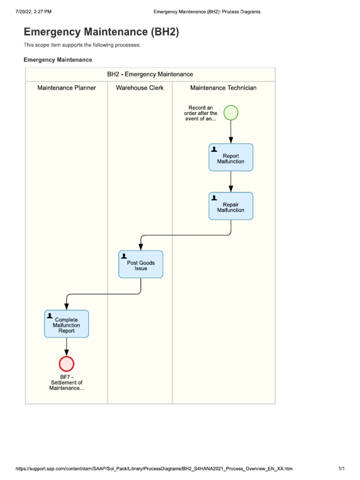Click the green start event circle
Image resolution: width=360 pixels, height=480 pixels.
coord(231,113)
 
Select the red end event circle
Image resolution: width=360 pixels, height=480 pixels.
coord(67,364)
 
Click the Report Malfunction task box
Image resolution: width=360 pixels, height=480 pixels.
coord(231,157)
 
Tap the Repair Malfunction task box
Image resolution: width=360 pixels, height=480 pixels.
coord(231,206)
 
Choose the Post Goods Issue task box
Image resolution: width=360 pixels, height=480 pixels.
coord(141,264)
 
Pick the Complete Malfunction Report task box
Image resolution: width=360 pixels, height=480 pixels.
coord(67,324)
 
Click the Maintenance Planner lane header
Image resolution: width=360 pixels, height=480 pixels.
coord(67,88)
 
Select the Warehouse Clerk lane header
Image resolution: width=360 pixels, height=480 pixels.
coord(140,88)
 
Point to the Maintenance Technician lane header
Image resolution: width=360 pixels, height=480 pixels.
coord(223,88)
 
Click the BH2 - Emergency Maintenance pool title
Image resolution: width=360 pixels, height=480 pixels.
coord(150,74)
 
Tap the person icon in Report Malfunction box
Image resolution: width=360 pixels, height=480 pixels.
coord(214,149)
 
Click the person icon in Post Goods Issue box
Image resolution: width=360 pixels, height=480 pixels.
coord(124,256)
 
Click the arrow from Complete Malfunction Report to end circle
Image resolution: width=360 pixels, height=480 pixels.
coord(67,347)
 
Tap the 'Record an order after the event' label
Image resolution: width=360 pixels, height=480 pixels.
coord(201,113)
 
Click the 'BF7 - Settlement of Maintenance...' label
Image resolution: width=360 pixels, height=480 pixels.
coord(67,382)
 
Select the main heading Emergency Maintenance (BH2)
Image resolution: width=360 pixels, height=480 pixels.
coord(101,32)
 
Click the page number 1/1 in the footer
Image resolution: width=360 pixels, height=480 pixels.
coord(341,468)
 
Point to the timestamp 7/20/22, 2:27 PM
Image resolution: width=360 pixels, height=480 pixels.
coord(33,12)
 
